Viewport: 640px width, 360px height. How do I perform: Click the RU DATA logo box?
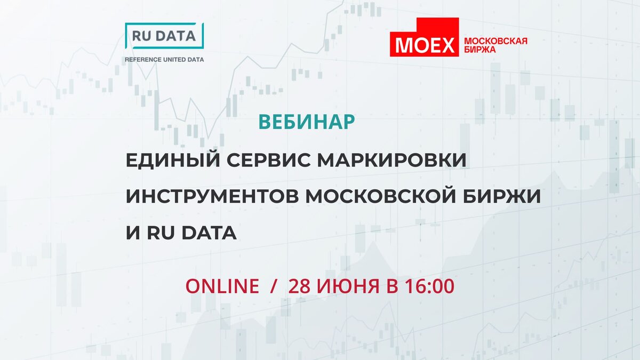click(x=164, y=36)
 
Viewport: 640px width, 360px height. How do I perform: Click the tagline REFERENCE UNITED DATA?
click(x=164, y=60)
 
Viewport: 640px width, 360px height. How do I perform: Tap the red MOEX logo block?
click(x=425, y=38)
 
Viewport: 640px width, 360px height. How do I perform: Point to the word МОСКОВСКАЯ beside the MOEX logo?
click(x=496, y=41)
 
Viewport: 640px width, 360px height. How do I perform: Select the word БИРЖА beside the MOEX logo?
click(x=481, y=50)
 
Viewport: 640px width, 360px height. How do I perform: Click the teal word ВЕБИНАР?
click(x=307, y=122)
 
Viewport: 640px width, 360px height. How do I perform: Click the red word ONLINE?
click(x=222, y=286)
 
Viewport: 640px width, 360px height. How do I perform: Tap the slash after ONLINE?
click(x=274, y=286)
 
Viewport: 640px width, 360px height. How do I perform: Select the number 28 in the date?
click(x=299, y=286)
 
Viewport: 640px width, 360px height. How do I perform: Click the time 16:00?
click(x=428, y=286)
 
